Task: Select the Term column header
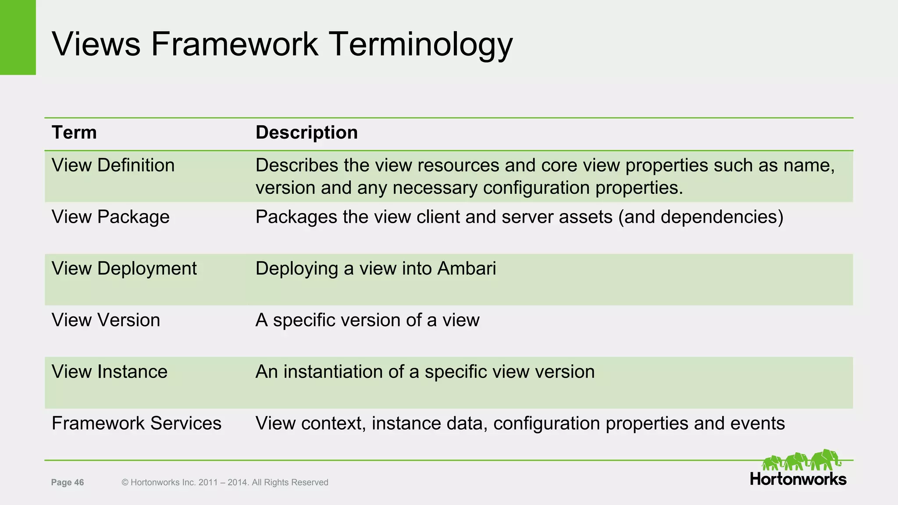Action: coord(74,132)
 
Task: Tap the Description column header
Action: coord(306,132)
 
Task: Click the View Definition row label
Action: coord(113,166)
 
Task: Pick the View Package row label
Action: coord(110,217)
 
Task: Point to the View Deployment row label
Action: coord(124,269)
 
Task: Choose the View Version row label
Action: coord(106,320)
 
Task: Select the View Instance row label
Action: coord(110,372)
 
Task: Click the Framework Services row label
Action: coord(136,423)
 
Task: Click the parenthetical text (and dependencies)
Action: coord(700,217)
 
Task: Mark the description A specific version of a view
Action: coord(367,320)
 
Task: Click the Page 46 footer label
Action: coord(68,482)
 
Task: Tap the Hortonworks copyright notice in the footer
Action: coord(224,482)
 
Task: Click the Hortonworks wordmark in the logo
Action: coord(798,479)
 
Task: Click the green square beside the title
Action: coord(18,37)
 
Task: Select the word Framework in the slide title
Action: coord(235,44)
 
